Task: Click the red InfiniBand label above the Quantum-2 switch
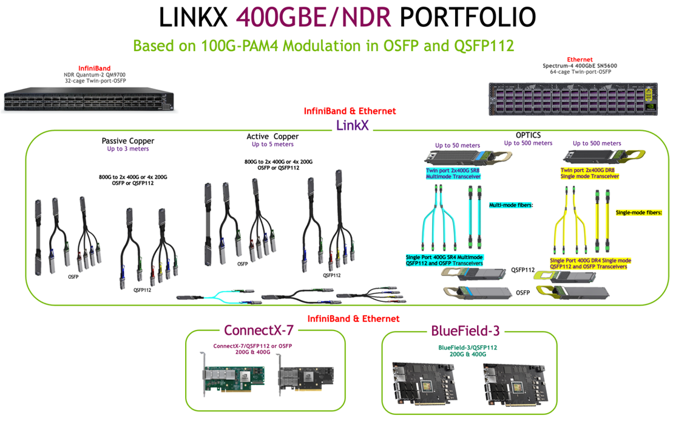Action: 94,68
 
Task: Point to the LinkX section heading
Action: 354,125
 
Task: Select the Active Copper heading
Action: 272,137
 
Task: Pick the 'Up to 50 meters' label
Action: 457,145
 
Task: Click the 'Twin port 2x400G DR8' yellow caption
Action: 590,173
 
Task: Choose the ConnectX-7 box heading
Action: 259,330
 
